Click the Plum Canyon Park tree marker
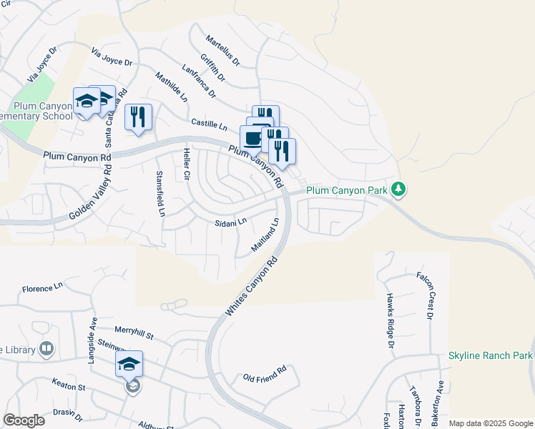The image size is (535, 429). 399,189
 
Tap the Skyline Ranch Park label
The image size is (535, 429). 491,355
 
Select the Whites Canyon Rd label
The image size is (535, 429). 251,289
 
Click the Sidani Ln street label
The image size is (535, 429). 230,222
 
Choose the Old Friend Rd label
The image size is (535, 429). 264,373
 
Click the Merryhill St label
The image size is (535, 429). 134,331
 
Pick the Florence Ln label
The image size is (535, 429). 42,288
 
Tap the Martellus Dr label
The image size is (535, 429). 222,50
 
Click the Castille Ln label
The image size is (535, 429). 209,124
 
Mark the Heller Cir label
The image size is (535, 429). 187,164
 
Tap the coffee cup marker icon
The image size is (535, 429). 253,138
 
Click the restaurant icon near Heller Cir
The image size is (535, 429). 138,117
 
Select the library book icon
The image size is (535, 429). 46,349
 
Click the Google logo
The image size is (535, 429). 24,420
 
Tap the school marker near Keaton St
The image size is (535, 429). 129,365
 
